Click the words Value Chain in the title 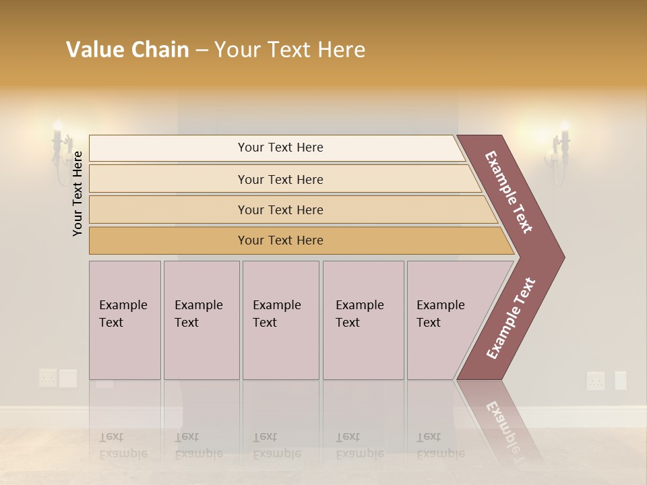[x=127, y=50]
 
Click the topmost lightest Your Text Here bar [x=280, y=148]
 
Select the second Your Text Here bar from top [x=280, y=179]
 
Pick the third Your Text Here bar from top [x=280, y=209]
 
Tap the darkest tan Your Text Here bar [x=280, y=240]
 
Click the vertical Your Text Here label [x=78, y=193]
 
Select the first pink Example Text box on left [x=124, y=320]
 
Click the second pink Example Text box [x=201, y=320]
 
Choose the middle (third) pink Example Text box [x=280, y=320]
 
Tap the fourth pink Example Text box [x=363, y=320]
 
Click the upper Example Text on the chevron [x=509, y=192]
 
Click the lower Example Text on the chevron [x=510, y=319]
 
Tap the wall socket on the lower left [x=48, y=378]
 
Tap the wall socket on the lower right [x=596, y=381]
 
